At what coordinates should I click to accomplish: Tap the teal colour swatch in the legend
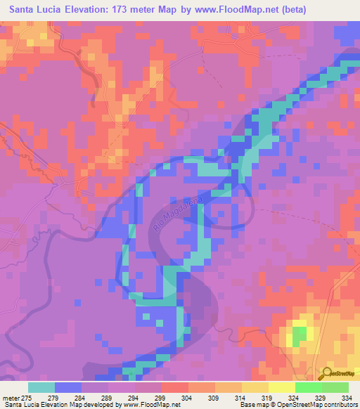pyautogui.click(x=41, y=387)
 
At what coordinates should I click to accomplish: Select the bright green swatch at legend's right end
pyautogui.click(x=335, y=387)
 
